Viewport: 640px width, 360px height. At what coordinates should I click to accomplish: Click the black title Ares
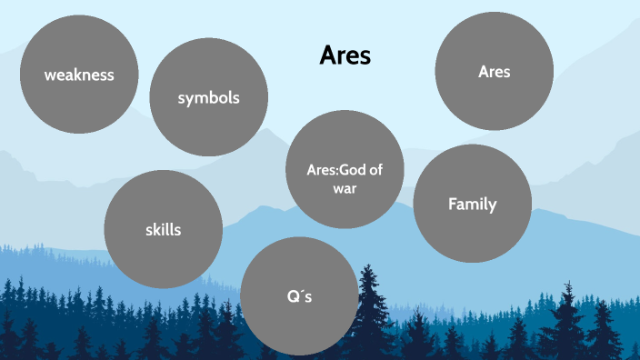click(x=345, y=55)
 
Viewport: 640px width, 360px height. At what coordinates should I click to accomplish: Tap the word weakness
click(x=79, y=75)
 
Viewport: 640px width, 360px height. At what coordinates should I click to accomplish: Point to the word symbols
click(x=208, y=97)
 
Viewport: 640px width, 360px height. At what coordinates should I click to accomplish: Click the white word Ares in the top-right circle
click(x=494, y=72)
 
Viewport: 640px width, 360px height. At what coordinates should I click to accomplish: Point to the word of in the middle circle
click(x=374, y=167)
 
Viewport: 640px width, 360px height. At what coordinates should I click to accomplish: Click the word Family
click(x=472, y=204)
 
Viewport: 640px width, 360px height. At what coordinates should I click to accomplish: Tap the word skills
click(x=163, y=229)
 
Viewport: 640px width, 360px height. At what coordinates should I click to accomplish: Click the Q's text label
click(x=299, y=296)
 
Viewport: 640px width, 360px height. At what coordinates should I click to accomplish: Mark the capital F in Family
click(x=453, y=204)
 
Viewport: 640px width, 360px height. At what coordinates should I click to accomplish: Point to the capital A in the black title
click(x=327, y=55)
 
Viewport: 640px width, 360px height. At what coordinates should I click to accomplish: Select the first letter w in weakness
click(x=51, y=75)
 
